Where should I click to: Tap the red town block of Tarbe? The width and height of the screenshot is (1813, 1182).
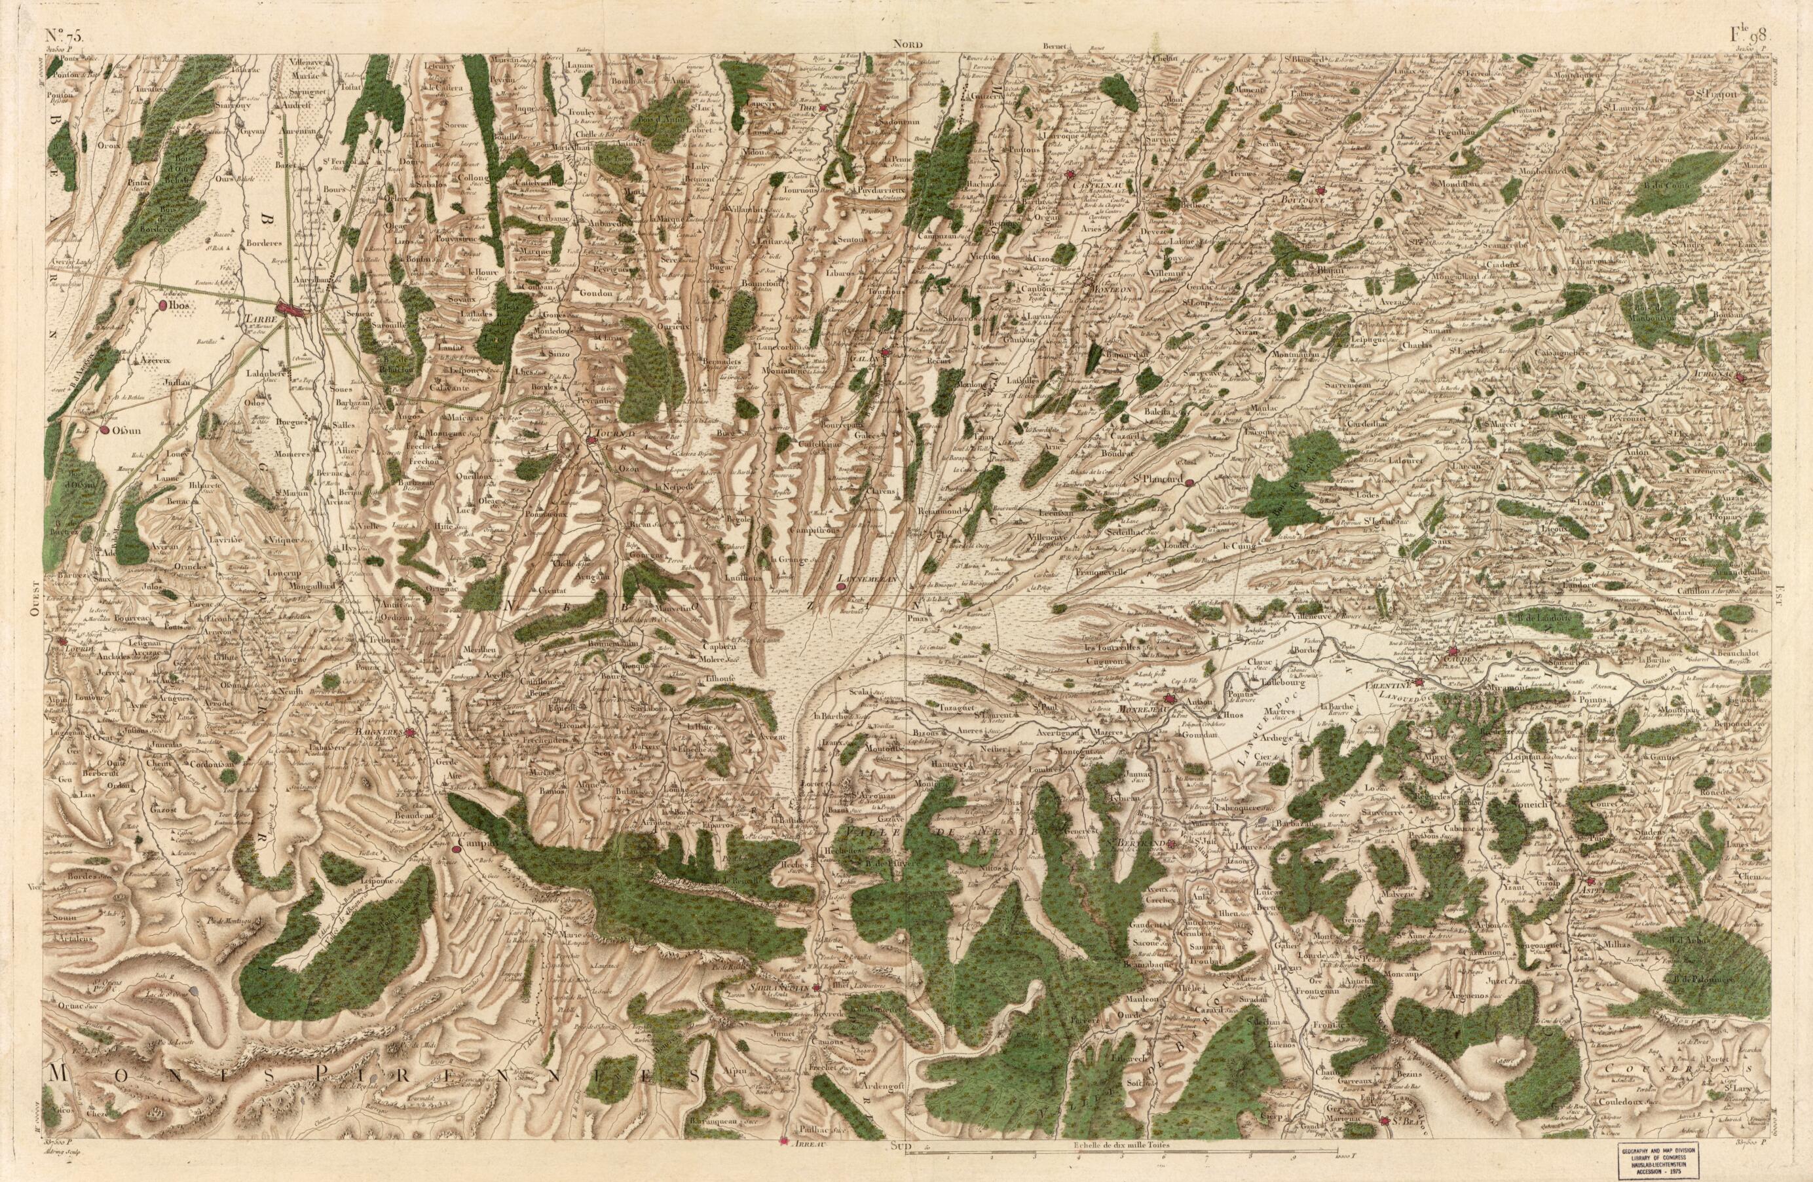(291, 309)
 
